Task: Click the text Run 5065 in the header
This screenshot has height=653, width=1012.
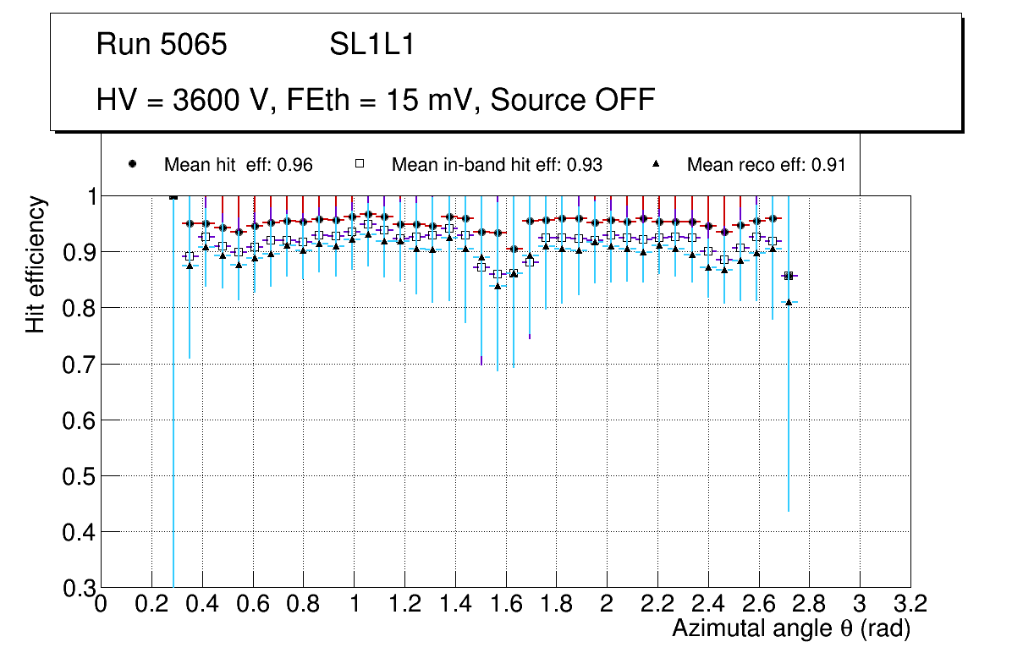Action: pyautogui.click(x=162, y=45)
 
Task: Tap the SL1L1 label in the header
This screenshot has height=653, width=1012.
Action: pyautogui.click(x=372, y=45)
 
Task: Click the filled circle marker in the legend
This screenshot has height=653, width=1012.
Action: pyautogui.click(x=132, y=164)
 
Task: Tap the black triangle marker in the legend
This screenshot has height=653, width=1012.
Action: pyautogui.click(x=657, y=164)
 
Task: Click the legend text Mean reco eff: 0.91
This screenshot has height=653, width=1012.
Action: pyautogui.click(x=766, y=165)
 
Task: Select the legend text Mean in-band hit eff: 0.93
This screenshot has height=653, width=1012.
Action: pyautogui.click(x=497, y=165)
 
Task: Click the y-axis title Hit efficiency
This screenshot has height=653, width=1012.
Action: pyautogui.click(x=36, y=264)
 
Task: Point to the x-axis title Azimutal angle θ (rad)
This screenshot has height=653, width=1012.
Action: pyautogui.click(x=791, y=628)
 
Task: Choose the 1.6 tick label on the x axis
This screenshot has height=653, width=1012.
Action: pyautogui.click(x=505, y=605)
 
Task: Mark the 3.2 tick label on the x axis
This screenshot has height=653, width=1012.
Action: pyautogui.click(x=910, y=605)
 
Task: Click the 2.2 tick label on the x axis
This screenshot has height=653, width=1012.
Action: pyautogui.click(x=657, y=605)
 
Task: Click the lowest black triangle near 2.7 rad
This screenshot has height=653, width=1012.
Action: pyautogui.click(x=789, y=302)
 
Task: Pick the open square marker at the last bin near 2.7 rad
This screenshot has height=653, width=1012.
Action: pyautogui.click(x=789, y=276)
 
